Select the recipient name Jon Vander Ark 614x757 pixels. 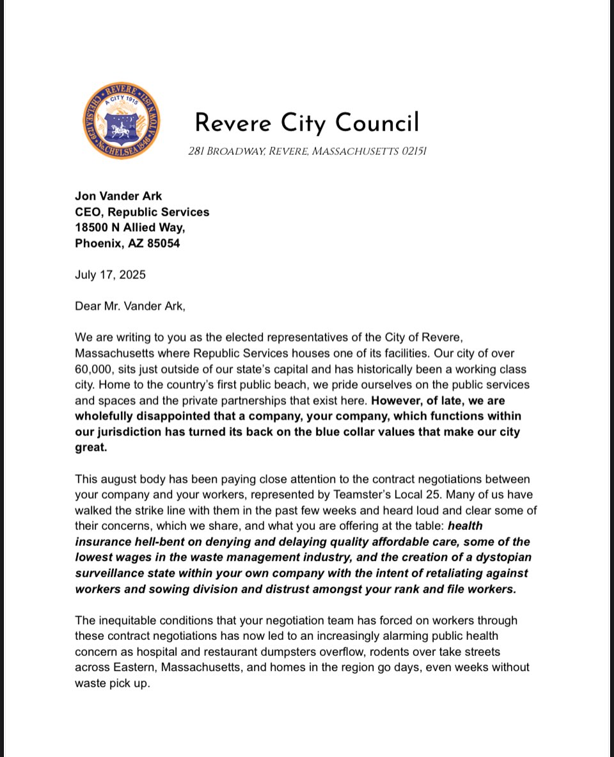point(118,196)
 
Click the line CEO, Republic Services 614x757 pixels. point(142,212)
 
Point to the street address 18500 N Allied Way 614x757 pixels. point(130,227)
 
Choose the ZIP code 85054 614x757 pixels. point(161,243)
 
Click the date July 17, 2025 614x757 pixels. point(110,275)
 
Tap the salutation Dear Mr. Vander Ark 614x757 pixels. point(130,306)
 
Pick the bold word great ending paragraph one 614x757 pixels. point(90,448)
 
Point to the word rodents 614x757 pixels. point(389,652)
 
